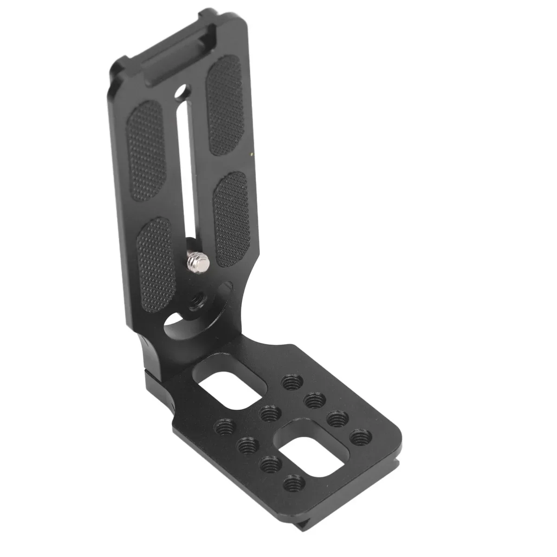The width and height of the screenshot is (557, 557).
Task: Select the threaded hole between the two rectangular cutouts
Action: tap(268, 411)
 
